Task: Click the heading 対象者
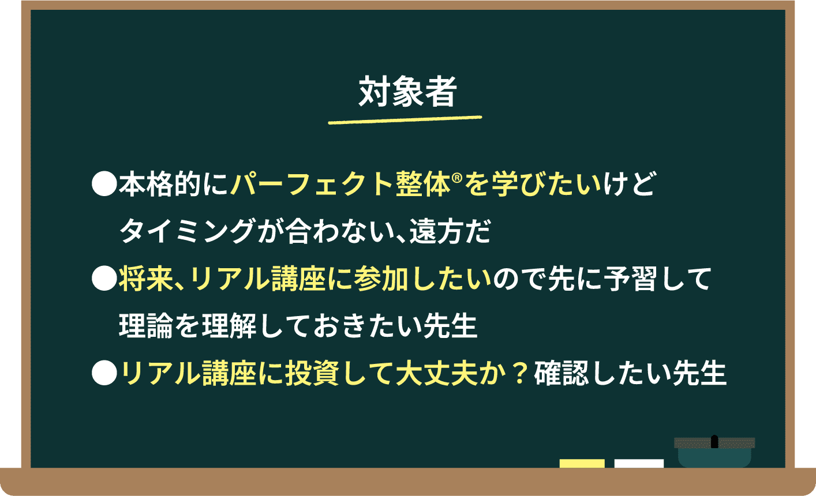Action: click(407, 92)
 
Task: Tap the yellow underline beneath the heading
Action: click(405, 120)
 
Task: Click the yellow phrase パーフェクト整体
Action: click(339, 185)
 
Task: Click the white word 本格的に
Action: click(174, 185)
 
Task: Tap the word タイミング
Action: click(186, 232)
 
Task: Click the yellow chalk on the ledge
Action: click(582, 463)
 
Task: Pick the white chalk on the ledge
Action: click(639, 463)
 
